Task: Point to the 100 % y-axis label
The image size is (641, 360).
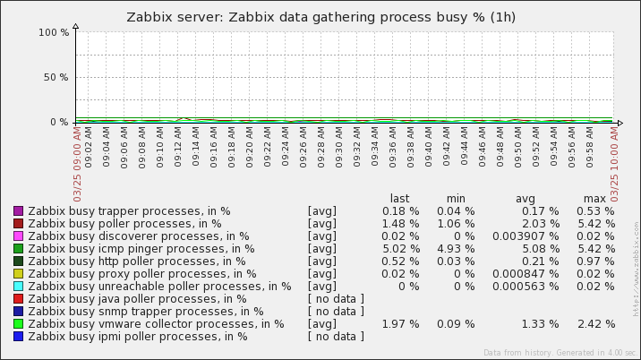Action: [54, 32]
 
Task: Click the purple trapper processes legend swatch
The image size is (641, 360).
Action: [18, 211]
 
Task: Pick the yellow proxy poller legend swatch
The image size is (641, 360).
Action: [18, 274]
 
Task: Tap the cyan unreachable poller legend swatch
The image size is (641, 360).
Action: [18, 287]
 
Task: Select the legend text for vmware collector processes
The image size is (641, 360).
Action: [156, 324]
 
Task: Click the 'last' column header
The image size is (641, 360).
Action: [399, 199]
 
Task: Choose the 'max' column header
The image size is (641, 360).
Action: [594, 199]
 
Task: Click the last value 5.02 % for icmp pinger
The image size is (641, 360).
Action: [401, 249]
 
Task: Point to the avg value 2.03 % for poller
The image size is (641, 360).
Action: [540, 224]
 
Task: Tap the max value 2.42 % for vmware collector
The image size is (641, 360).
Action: [596, 324]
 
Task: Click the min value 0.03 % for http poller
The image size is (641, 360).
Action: [456, 261]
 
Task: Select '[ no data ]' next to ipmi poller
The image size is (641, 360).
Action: [336, 337]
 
